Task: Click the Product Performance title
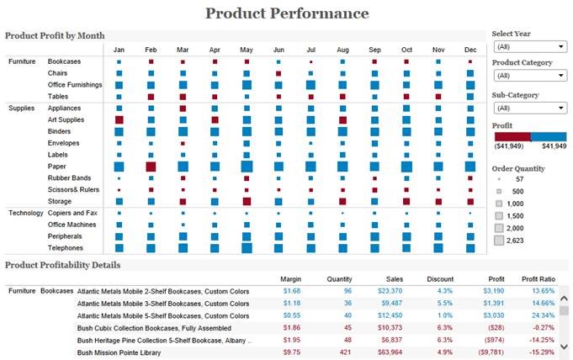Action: tap(287, 13)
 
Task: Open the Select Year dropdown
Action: tap(529, 46)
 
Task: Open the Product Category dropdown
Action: tap(529, 76)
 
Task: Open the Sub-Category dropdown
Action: tap(529, 108)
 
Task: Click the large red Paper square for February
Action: tap(151, 167)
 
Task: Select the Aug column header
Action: tap(342, 50)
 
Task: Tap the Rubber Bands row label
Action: tap(69, 178)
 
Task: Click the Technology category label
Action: tap(26, 213)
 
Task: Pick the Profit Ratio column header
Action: tap(538, 279)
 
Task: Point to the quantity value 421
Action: tap(345, 353)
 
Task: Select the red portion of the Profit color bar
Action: tap(512, 135)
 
